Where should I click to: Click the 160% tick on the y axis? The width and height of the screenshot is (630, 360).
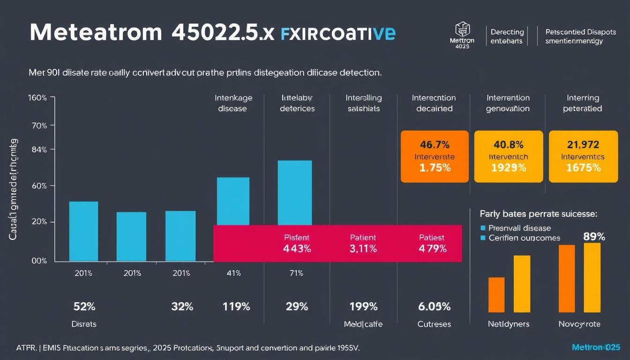point(37,98)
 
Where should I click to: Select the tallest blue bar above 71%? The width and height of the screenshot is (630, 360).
point(294,192)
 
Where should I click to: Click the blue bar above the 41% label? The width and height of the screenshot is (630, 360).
point(233,201)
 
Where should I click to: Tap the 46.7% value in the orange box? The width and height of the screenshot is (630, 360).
point(435,144)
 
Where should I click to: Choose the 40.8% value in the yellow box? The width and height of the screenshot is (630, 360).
point(508,144)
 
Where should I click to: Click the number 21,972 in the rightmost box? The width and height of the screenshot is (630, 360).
point(583,144)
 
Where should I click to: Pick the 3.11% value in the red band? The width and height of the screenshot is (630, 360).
point(363,249)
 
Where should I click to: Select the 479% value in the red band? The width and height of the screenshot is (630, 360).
point(432,249)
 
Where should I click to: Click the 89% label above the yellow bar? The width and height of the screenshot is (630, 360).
point(594,237)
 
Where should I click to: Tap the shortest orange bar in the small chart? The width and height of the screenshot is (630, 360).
point(496,295)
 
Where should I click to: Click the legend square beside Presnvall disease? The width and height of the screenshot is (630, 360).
point(483,228)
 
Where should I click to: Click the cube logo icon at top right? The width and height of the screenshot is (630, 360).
point(462,30)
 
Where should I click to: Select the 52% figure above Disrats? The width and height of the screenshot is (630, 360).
point(84,307)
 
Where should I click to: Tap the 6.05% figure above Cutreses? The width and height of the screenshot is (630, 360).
point(434,307)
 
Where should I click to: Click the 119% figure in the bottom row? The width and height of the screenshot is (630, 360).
point(237,307)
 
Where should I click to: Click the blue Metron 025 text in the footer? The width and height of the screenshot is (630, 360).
point(596,347)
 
